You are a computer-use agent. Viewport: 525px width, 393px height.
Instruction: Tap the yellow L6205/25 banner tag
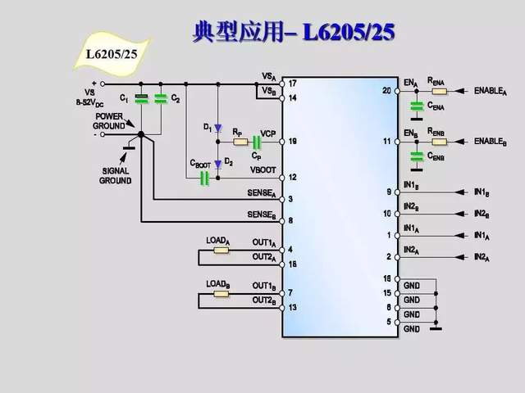(113, 54)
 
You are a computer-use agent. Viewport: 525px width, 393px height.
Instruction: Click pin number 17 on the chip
(292, 84)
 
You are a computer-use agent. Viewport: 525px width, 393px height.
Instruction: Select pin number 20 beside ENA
(386, 90)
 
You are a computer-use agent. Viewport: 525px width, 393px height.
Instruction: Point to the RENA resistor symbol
(439, 90)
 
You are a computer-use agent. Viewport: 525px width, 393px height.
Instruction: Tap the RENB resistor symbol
(439, 141)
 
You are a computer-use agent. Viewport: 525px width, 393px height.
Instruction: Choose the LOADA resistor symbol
(221, 250)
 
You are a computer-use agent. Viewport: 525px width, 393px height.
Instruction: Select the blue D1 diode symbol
(218, 129)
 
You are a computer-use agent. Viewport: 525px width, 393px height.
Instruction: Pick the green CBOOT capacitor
(203, 178)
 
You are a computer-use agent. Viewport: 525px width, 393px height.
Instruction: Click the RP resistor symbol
(240, 142)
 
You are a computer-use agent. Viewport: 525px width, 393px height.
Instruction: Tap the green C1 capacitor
(141, 99)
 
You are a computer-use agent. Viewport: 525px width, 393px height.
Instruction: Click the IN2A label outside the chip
(482, 257)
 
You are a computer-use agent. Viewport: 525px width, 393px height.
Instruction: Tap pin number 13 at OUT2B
(291, 308)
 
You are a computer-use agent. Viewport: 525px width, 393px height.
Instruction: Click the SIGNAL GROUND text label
(116, 176)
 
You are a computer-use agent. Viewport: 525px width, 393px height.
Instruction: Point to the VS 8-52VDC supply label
(89, 97)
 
